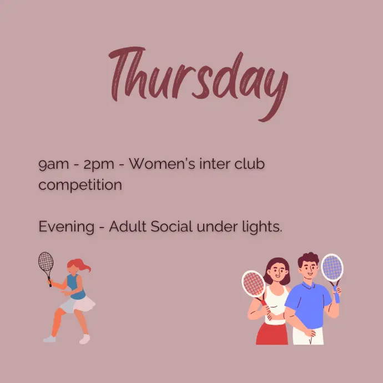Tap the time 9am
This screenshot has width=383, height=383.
[54, 165]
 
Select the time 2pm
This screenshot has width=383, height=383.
[99, 165]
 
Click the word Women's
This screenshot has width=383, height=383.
[162, 163]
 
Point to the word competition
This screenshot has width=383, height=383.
[80, 185]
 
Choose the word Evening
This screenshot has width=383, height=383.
[67, 227]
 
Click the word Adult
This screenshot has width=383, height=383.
[128, 226]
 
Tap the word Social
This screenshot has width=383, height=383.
[172, 226]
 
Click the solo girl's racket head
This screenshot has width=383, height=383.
[46, 261]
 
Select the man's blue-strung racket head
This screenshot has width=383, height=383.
[332, 268]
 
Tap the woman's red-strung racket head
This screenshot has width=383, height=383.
[254, 284]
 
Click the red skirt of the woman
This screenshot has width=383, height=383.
[271, 334]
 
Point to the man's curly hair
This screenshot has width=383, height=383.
[309, 259]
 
